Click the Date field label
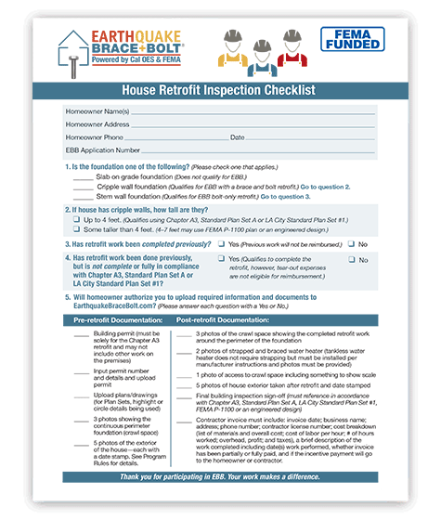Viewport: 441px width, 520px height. [x=237, y=136]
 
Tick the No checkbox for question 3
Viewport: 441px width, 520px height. [x=351, y=243]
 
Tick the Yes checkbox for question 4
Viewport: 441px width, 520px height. [x=220, y=260]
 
